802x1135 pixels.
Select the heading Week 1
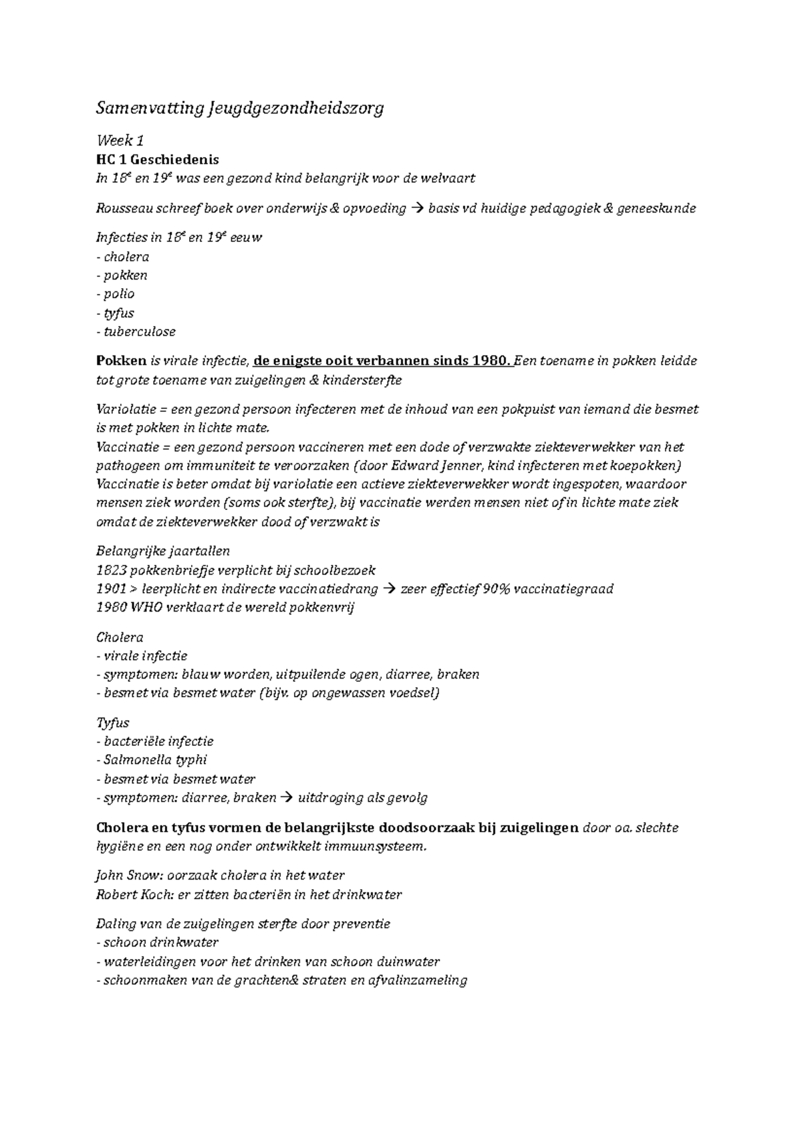pos(120,140)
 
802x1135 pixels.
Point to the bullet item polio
pos(119,294)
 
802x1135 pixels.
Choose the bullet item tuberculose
pos(140,332)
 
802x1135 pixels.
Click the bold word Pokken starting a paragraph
pos(121,361)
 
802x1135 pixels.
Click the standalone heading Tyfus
pos(113,723)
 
